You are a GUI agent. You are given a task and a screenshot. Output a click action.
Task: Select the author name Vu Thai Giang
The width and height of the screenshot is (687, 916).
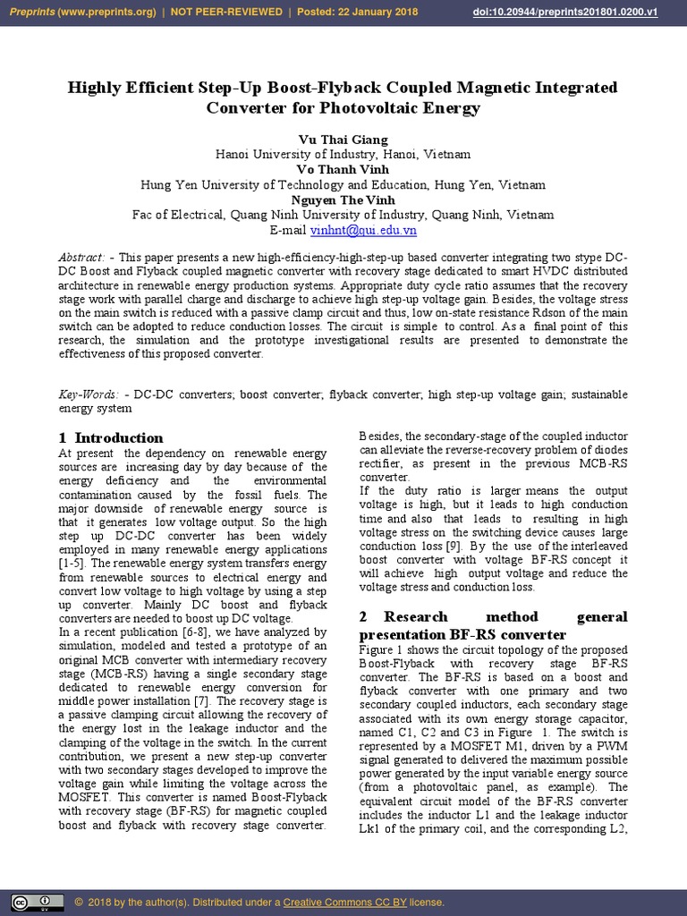[x=343, y=140]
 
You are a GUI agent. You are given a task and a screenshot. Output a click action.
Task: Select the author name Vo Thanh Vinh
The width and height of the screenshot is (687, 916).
[x=343, y=169]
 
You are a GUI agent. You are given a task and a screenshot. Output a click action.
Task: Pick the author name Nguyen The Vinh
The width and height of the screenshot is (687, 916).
[x=343, y=199]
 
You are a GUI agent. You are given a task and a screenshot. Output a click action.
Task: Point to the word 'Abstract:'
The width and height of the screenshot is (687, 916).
[x=81, y=258]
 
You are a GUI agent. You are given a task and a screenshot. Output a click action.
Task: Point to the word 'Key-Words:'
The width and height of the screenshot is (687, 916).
[x=88, y=394]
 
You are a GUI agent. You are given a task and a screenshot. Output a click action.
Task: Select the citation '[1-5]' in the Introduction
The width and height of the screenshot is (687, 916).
[x=72, y=564]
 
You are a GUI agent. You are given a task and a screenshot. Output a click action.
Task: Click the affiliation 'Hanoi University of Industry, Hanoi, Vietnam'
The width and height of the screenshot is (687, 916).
[x=343, y=154]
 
